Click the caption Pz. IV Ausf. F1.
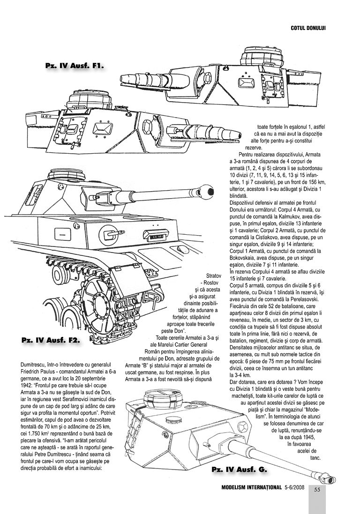point(74,65)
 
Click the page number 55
point(317,490)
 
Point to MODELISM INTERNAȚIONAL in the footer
point(251,487)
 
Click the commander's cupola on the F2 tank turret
point(65,177)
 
